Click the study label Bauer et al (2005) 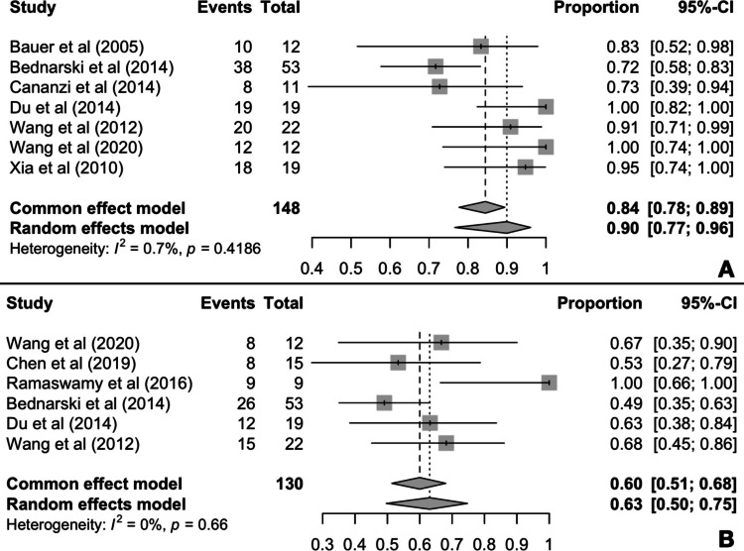76,47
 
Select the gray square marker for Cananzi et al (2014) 439,87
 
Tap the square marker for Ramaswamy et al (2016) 549,383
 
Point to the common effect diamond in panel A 482,207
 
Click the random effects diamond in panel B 427,503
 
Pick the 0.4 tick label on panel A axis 312,269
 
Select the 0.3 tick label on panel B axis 322,544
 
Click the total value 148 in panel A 286,208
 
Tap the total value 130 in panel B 289,484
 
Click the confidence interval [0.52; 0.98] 691,47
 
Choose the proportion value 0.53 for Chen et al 626,364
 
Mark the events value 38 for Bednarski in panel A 242,66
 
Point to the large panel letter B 726,539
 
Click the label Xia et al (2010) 66,167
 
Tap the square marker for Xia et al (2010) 525,166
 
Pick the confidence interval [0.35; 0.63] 695,403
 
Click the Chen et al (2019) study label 71,364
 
